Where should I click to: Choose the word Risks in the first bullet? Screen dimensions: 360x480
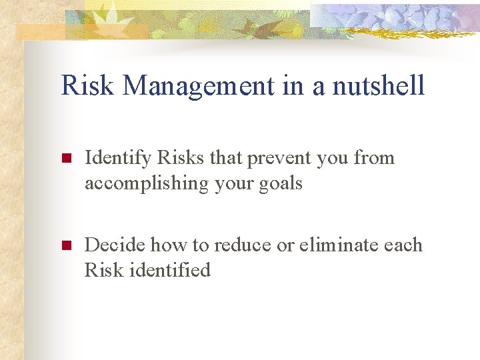coord(181,158)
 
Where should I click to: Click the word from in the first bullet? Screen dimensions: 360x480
coord(374,158)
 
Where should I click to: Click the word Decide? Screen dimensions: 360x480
coord(115,245)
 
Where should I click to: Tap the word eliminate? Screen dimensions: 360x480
coord(340,245)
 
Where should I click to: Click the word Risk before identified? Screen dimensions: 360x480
coord(101,270)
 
